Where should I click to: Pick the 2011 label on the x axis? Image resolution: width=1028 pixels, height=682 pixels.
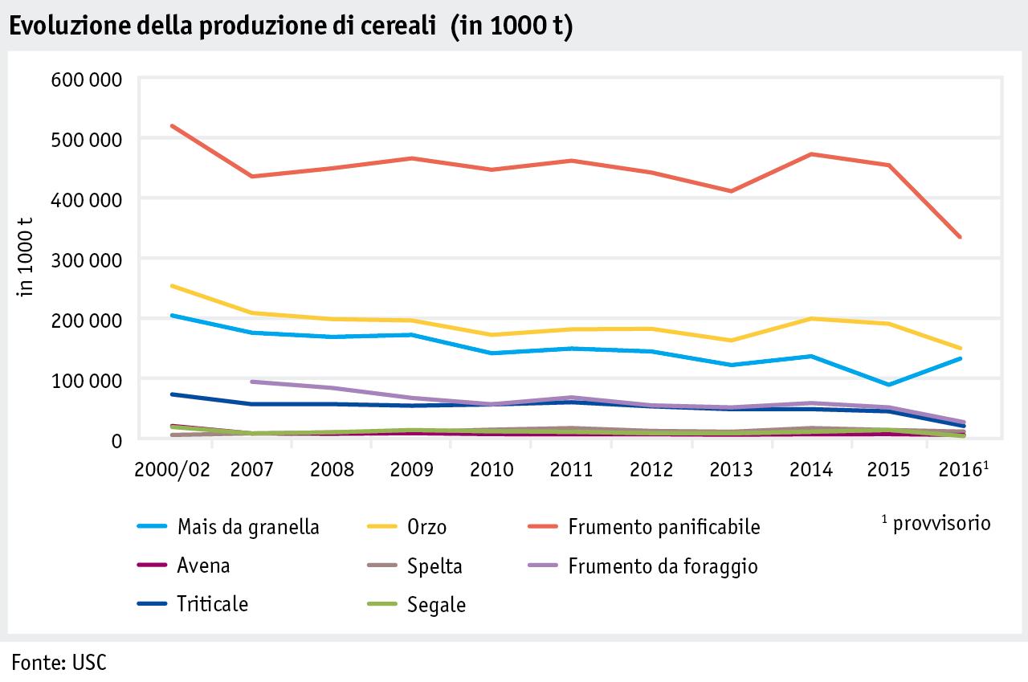571,469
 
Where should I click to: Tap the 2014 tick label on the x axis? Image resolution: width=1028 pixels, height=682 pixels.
811,469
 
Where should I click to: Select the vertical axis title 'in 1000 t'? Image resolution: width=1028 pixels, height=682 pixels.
27,259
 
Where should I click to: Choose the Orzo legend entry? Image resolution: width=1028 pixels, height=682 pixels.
426,527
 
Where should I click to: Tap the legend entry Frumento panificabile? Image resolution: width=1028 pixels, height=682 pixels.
663,527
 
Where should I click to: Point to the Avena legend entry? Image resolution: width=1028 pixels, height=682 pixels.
203,566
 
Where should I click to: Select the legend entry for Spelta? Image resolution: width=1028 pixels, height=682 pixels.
434,566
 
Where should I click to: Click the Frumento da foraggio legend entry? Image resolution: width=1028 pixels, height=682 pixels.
663,566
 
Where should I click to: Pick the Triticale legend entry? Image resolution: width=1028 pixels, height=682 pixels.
212,604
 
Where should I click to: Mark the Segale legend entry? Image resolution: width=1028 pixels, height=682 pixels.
436,604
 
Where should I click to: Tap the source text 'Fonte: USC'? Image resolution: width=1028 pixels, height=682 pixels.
59,663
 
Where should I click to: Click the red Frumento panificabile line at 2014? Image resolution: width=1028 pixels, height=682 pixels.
811,153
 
